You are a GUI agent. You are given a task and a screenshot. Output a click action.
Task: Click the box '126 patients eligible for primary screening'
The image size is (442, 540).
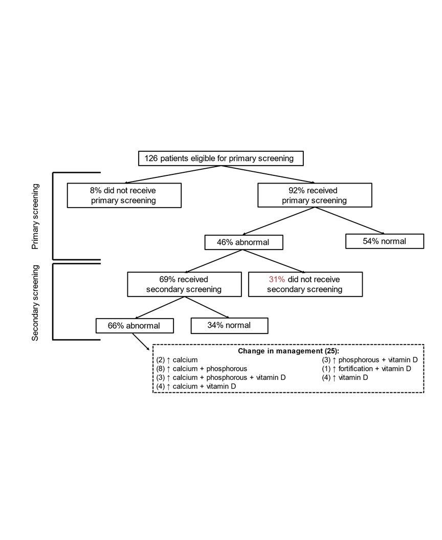click(221, 159)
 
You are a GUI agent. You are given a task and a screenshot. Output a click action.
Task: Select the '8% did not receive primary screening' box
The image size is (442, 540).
click(124, 195)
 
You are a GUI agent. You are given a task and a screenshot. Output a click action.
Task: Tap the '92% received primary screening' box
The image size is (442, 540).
click(315, 195)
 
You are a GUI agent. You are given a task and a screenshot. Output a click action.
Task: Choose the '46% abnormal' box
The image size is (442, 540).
click(244, 242)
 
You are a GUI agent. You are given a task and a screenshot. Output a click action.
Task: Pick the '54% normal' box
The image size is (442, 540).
click(385, 241)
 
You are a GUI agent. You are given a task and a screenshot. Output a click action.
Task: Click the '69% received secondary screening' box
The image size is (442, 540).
click(184, 284)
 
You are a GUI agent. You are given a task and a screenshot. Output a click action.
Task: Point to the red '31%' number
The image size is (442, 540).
click(277, 279)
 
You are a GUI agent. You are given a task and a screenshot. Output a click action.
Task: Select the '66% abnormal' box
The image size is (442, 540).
click(135, 326)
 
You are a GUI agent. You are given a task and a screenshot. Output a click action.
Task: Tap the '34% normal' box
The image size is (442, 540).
click(229, 326)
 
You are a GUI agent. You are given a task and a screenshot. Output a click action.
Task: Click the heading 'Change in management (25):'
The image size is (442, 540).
click(289, 351)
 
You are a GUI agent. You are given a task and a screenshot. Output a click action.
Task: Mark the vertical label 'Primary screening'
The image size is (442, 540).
click(35, 217)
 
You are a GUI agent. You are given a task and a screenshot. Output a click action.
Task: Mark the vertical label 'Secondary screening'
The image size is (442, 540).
click(35, 303)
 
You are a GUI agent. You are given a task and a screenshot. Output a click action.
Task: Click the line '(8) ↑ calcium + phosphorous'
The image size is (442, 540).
click(202, 369)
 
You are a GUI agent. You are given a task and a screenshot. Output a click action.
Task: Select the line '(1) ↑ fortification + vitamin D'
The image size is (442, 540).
click(367, 369)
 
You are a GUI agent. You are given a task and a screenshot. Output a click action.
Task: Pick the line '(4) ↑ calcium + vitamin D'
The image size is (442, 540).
click(196, 387)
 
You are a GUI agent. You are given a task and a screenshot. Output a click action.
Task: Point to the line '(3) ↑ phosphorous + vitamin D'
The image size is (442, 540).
click(370, 360)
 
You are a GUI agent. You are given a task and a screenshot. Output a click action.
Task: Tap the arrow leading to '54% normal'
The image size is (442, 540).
click(349, 221)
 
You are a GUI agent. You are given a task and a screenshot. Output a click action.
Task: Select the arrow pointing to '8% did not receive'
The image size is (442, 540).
click(172, 174)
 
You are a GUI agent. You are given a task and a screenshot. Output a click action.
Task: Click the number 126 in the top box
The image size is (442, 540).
click(151, 159)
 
